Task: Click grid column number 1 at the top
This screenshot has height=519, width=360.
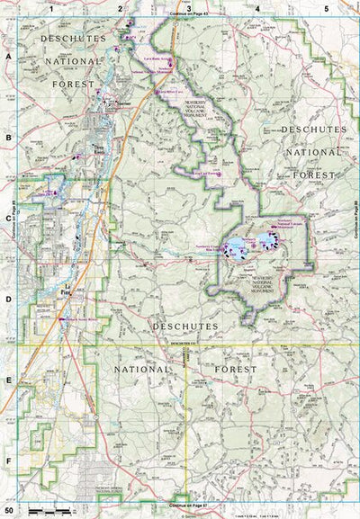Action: [x=51, y=7]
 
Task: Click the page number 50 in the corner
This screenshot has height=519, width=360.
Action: [x=9, y=511]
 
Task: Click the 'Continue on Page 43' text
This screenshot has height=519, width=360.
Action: [x=187, y=15]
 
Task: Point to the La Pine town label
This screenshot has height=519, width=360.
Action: [x=65, y=293]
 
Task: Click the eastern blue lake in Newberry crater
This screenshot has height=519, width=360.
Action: [x=266, y=240]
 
